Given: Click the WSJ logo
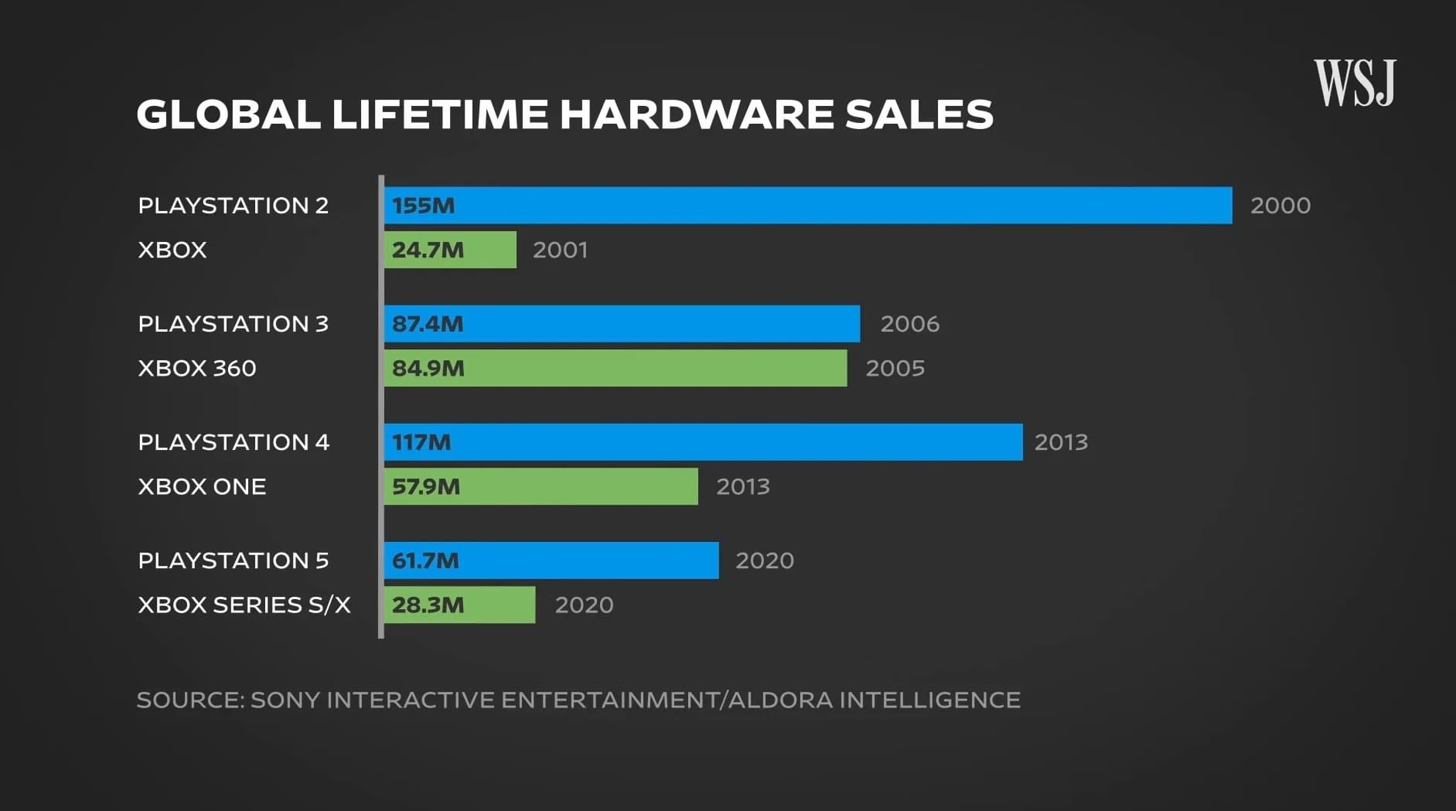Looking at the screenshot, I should (1355, 83).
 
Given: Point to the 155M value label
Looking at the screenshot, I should (423, 206).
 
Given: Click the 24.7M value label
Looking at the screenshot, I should (428, 250).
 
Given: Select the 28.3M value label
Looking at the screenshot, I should (428, 605).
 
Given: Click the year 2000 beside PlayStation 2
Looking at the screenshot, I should (1280, 206).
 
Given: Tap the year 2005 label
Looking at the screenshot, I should (895, 368).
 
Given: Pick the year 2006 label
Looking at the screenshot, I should (909, 324).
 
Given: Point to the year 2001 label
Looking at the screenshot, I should (560, 250).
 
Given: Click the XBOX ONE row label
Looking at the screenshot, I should (202, 486).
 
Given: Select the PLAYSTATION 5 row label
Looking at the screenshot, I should (233, 561).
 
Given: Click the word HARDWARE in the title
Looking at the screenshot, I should (697, 114).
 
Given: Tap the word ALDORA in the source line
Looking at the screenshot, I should (782, 700).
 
